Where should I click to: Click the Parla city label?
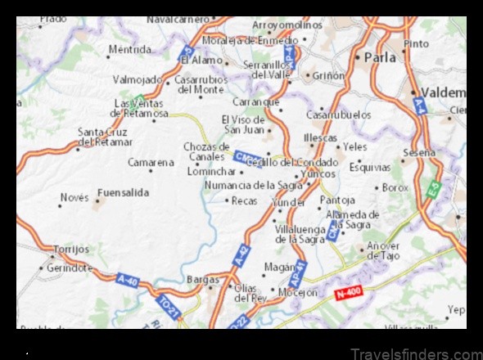(x=380, y=58)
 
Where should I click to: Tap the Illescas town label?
(x=320, y=138)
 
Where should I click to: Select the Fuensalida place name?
(x=123, y=192)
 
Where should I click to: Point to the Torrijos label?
(x=70, y=249)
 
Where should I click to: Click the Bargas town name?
(x=203, y=279)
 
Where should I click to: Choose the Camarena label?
(x=151, y=162)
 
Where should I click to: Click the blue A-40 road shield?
(x=128, y=279)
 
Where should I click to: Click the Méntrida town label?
(x=131, y=51)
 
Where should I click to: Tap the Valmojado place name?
(x=138, y=80)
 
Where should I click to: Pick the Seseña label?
(x=419, y=152)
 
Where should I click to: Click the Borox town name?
(x=395, y=187)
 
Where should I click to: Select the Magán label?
(x=278, y=267)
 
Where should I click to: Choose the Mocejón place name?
(x=298, y=292)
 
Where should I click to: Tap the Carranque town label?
(x=255, y=102)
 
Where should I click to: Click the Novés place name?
(x=74, y=197)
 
